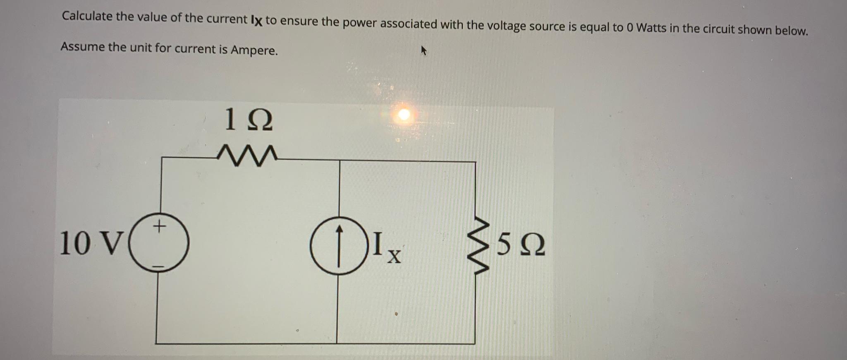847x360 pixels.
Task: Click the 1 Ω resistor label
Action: click(248, 120)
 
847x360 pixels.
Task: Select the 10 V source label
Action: click(91, 243)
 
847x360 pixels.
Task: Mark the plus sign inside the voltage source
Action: click(159, 226)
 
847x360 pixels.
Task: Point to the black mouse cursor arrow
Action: click(423, 51)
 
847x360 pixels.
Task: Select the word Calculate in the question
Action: click(87, 16)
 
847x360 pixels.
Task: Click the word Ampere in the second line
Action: click(254, 50)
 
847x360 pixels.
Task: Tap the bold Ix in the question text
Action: click(256, 20)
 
